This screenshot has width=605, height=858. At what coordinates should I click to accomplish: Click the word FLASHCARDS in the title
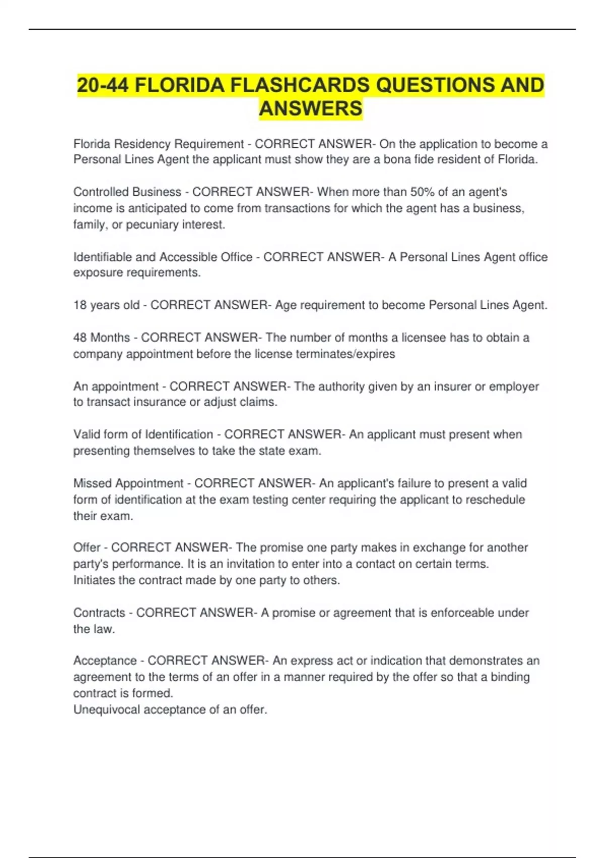click(299, 85)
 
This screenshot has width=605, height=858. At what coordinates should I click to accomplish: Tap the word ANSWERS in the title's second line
click(311, 109)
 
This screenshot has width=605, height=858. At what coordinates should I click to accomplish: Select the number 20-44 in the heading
click(103, 85)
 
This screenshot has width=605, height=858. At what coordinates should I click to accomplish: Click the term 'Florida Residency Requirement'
click(158, 144)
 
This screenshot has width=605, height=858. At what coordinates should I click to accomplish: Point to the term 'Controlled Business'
click(127, 192)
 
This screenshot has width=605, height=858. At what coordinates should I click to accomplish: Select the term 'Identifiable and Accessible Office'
click(163, 257)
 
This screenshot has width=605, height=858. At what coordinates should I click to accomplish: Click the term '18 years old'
click(106, 305)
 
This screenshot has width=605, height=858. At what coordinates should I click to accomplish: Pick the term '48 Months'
click(101, 338)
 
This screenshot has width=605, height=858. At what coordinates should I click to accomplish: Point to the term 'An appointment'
click(116, 387)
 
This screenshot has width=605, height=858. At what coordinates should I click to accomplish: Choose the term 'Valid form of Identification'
click(143, 435)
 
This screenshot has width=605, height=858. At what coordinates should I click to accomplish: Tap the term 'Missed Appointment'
click(128, 483)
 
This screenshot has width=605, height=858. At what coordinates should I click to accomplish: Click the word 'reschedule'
click(495, 500)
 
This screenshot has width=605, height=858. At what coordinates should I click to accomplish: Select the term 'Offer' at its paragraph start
click(87, 548)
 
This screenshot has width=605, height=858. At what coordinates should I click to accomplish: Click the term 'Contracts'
click(99, 613)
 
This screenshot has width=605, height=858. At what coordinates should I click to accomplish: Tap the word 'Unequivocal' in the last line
click(107, 710)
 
